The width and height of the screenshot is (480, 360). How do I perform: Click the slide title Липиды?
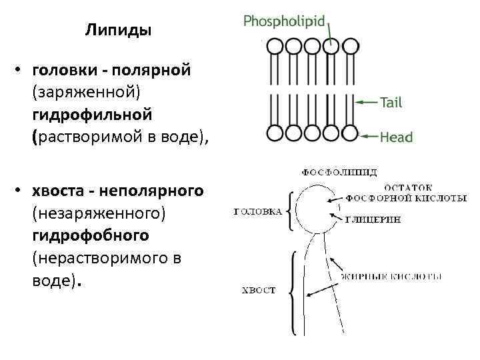click(118, 30)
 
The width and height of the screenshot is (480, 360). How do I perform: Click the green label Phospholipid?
click(284, 21)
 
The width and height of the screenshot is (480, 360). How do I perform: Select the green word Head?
click(396, 137)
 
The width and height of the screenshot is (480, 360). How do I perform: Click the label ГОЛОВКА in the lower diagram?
click(258, 212)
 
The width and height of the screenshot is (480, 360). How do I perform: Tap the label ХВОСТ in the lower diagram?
click(258, 291)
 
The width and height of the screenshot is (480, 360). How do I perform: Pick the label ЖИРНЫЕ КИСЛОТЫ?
click(391, 276)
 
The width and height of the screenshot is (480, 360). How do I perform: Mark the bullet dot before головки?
click(21, 70)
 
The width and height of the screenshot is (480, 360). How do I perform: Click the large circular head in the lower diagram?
click(313, 208)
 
